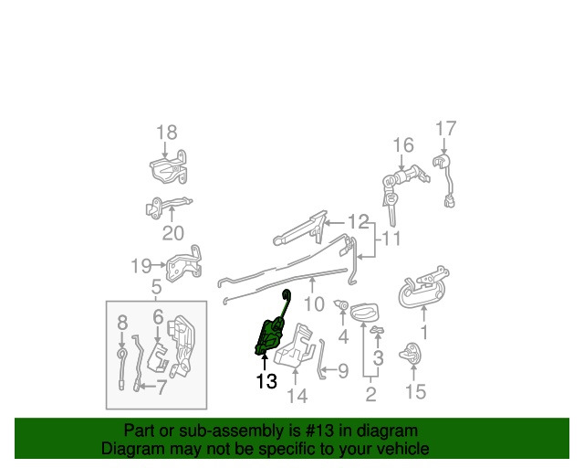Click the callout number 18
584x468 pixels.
[166, 133]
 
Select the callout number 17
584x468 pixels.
[446, 129]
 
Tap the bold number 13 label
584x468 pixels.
[266, 381]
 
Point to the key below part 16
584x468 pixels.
[391, 208]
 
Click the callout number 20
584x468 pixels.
[173, 233]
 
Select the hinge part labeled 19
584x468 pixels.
[184, 263]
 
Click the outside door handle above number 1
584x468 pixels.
[422, 287]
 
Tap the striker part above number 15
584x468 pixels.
[410, 354]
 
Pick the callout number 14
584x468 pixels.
[297, 396]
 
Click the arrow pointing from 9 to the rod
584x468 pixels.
[328, 370]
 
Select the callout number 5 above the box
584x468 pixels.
[156, 287]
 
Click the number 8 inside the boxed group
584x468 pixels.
[122, 323]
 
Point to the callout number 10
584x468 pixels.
[314, 304]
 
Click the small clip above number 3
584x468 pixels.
[377, 330]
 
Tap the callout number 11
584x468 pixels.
[391, 238]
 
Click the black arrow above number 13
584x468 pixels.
[265, 362]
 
